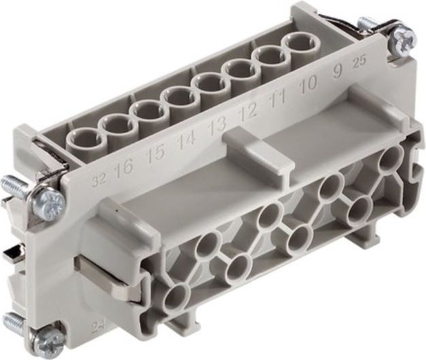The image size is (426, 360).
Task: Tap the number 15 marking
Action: click(x=156, y=155)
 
